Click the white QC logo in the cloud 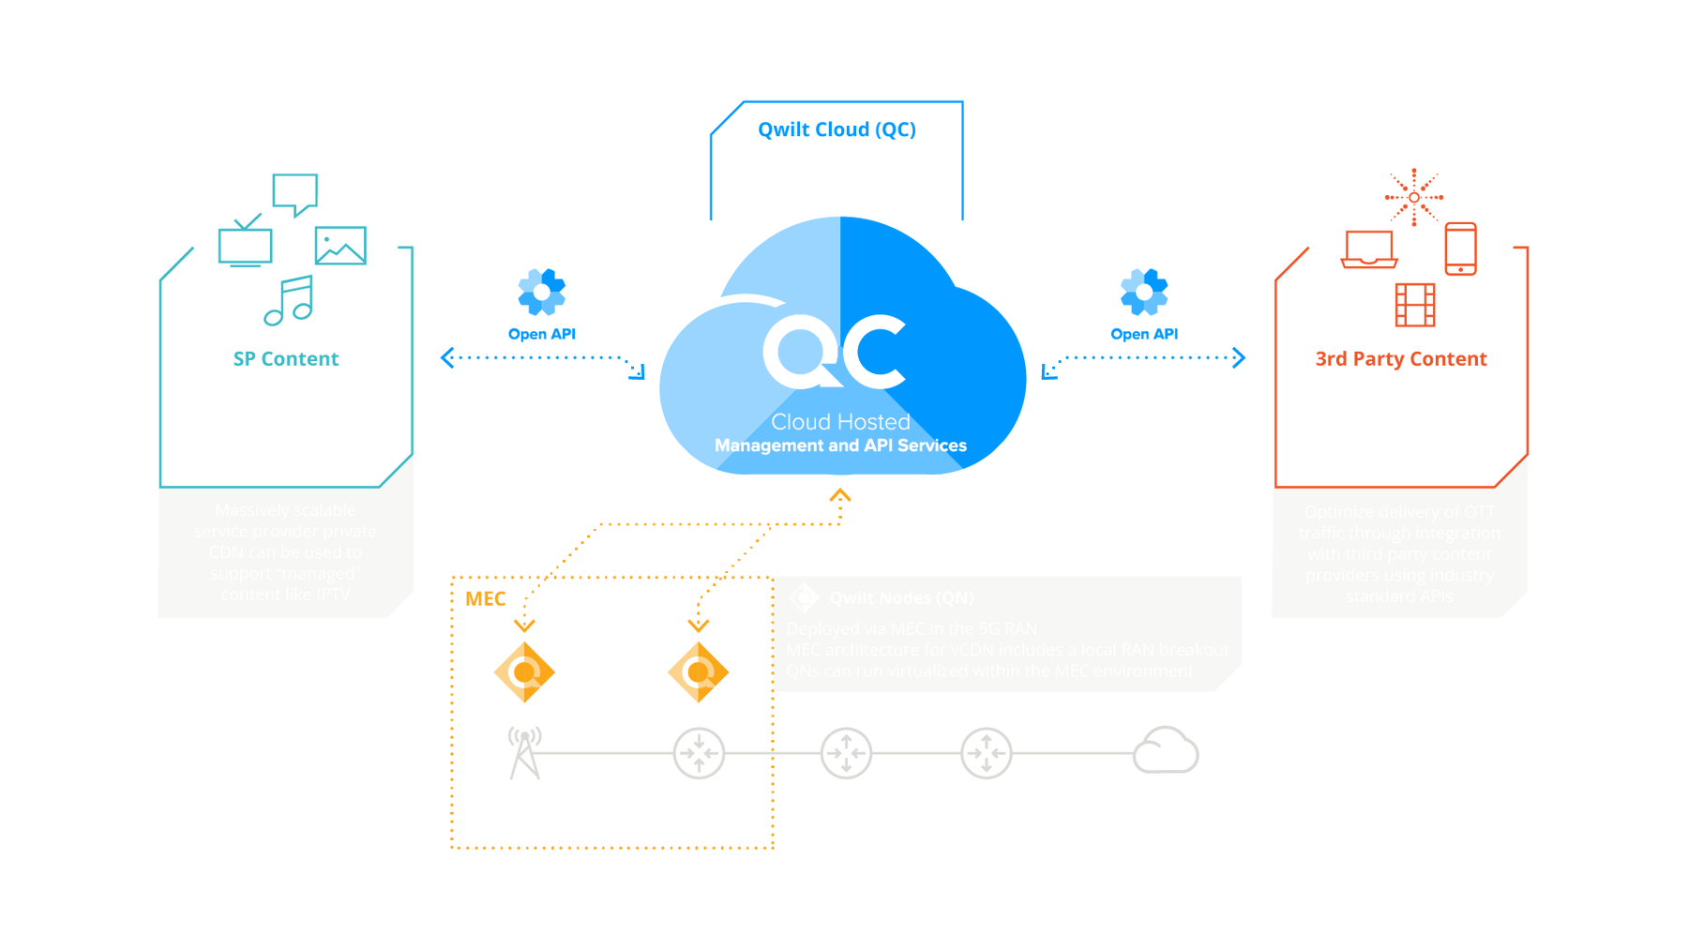pyautogui.click(x=834, y=352)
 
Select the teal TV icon pyautogui.click(x=245, y=242)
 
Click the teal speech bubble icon pyautogui.click(x=295, y=193)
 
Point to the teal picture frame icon pyautogui.click(x=340, y=245)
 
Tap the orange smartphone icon pyautogui.click(x=1460, y=249)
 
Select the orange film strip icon pyautogui.click(x=1415, y=303)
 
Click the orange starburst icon pyautogui.click(x=1413, y=196)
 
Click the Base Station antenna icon pyautogui.click(x=524, y=752)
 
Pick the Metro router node pyautogui.click(x=846, y=753)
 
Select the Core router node pyautogui.click(x=987, y=753)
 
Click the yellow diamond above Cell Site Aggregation pyautogui.click(x=698, y=671)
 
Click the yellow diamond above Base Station pyautogui.click(x=524, y=671)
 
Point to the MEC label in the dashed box pyautogui.click(x=486, y=599)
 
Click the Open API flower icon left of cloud pyautogui.click(x=541, y=292)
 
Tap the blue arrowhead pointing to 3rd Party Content pyautogui.click(x=1240, y=357)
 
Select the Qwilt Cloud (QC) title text pyautogui.click(x=836, y=129)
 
